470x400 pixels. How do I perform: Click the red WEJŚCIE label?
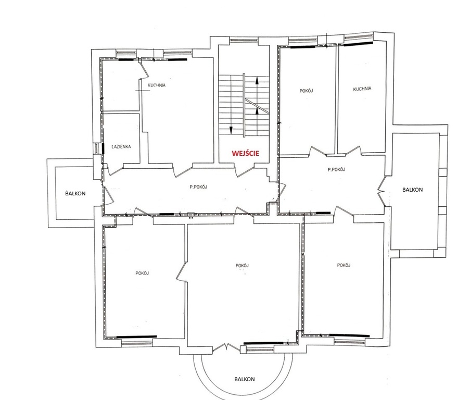245,153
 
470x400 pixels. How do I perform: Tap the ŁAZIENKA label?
121,147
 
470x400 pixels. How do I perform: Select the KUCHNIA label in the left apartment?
157,85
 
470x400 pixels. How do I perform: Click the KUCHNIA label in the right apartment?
362,89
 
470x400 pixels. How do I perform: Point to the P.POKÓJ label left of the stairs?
198,187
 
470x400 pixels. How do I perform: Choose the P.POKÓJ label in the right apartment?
336,169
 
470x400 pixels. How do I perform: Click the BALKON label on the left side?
75,193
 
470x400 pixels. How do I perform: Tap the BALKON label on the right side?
412,190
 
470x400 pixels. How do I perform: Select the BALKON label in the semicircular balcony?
245,379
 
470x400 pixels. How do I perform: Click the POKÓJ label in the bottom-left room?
142,273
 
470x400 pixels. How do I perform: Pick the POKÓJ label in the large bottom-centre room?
242,266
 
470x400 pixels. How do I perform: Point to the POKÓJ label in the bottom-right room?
344,265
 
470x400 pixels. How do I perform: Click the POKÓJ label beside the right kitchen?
307,91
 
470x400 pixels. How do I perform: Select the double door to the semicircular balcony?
226,347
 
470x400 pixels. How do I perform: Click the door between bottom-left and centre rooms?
182,271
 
